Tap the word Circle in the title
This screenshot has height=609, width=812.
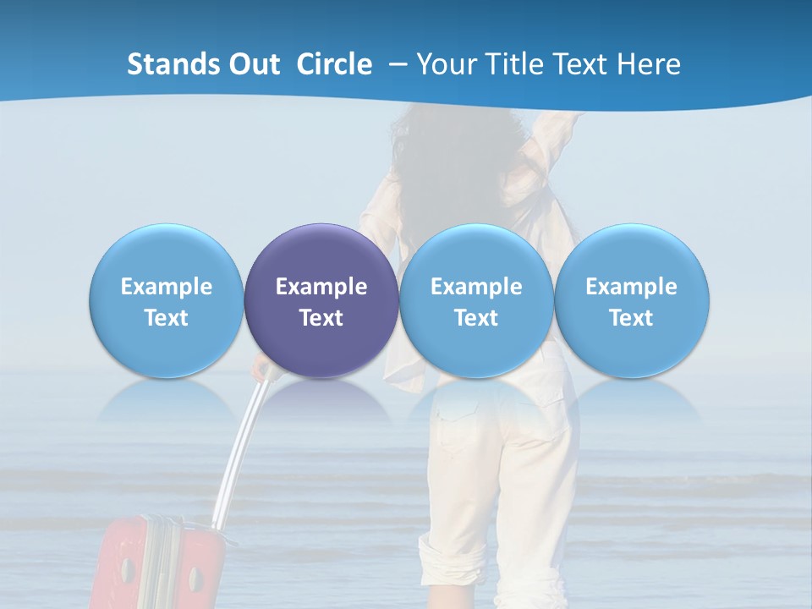pos(334,64)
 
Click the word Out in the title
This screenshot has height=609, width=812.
pos(254,64)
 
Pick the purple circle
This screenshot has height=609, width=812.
pos(321,300)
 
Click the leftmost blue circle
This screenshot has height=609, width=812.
pos(167,300)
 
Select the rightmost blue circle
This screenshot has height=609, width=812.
pos(632,300)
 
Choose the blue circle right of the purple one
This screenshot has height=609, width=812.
pos(476,300)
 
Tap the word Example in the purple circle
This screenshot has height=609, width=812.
pos(321,287)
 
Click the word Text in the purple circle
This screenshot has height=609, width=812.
pos(321,318)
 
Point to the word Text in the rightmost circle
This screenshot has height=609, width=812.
pos(632,318)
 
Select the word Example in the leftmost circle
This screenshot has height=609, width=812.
pos(167,287)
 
